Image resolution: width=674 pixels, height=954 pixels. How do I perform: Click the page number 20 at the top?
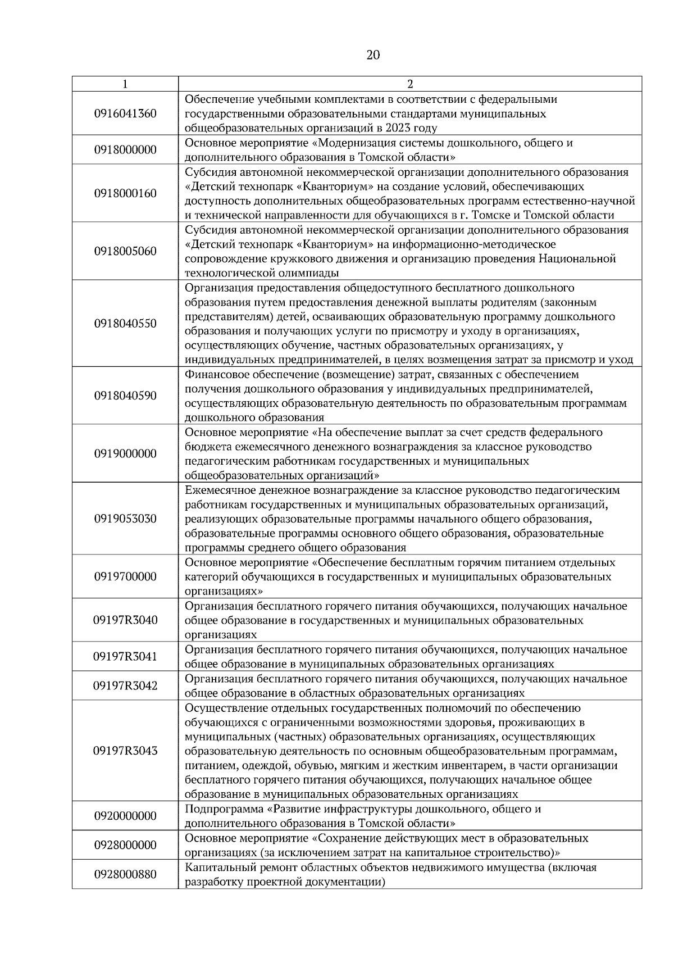pos(373,55)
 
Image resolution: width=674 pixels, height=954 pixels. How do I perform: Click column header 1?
pos(125,84)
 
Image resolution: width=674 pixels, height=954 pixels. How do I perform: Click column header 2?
pos(410,84)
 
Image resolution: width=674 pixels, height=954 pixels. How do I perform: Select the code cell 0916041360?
pos(125,113)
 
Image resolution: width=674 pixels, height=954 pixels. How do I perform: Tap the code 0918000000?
pos(125,150)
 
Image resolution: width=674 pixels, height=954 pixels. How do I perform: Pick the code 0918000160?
pos(125,193)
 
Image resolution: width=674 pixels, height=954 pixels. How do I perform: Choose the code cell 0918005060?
pos(125,251)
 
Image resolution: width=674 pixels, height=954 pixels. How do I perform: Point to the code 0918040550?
pos(125,324)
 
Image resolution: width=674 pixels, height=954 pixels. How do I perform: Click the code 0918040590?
pos(125,396)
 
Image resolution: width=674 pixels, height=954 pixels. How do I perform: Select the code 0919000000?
pos(125,453)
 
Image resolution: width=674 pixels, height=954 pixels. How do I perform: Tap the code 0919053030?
pos(125,519)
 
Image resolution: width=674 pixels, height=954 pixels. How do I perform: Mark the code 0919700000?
pos(125,576)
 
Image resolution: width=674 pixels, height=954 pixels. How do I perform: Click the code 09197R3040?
pos(125,620)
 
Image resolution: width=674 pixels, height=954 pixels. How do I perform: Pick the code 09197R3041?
pos(125,656)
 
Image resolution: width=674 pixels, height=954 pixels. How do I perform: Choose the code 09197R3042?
pos(125,685)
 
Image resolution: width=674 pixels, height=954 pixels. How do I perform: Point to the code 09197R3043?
pos(125,751)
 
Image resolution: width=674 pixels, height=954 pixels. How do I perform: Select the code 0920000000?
pos(125,816)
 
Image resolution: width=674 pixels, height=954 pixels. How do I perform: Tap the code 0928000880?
pos(125,875)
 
